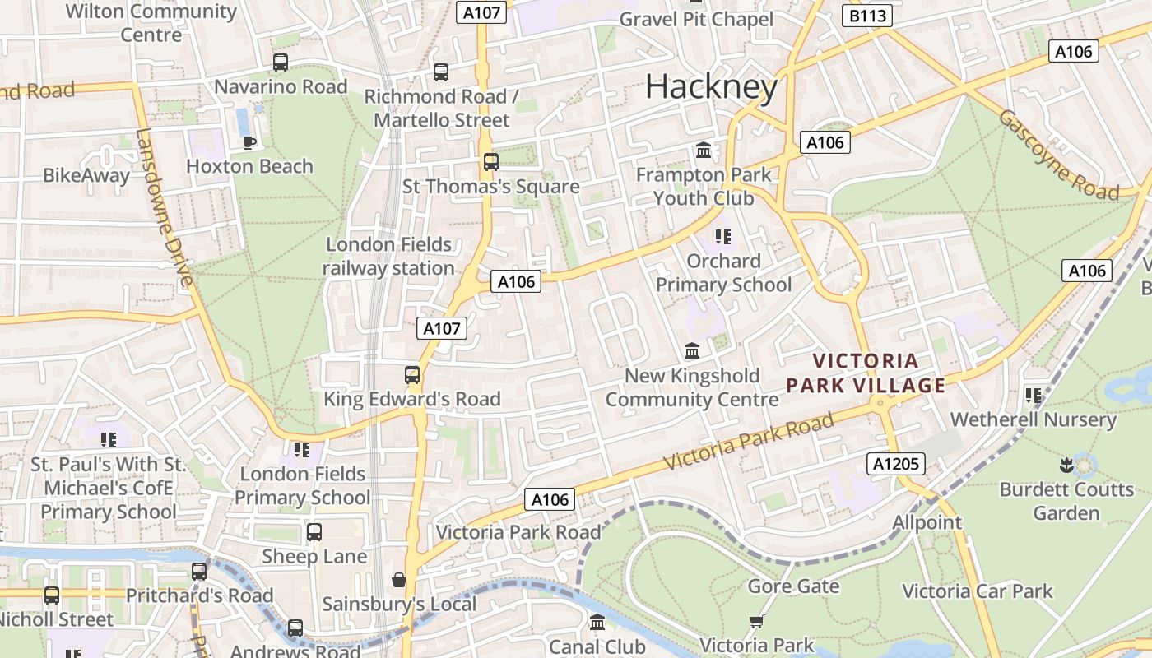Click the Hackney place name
711,86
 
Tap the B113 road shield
867,15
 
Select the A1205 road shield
896,464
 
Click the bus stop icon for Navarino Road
281,63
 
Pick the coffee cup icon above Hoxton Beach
249,142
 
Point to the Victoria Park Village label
866,373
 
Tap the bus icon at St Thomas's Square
491,162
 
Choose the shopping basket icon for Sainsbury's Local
399,581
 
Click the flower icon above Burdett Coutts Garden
1066,466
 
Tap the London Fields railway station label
388,256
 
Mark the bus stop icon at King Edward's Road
412,375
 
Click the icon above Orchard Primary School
723,238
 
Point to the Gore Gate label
793,586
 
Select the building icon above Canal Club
597,623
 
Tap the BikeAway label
86,175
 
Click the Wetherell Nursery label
1033,419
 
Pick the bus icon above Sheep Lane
314,532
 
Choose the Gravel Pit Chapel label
696,19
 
